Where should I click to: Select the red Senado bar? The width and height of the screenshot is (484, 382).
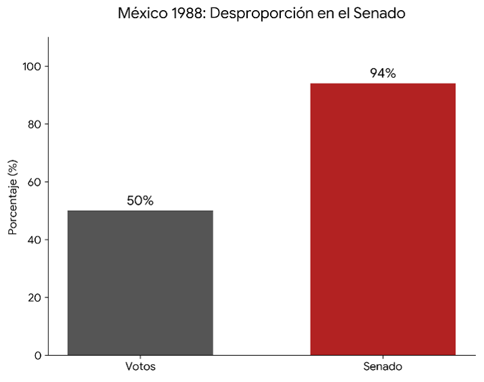click(x=382, y=219)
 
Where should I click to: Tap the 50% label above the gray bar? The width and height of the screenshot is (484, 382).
click(x=140, y=201)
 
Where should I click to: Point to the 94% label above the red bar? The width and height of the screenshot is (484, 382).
click(x=382, y=74)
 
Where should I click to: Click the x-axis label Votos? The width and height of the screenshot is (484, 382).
click(x=140, y=366)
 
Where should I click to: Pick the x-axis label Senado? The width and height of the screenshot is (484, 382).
click(x=382, y=366)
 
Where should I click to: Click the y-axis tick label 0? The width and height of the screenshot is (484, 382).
click(x=38, y=356)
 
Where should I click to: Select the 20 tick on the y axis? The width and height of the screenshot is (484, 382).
click(x=35, y=297)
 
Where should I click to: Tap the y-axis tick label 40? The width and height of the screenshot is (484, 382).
click(x=35, y=240)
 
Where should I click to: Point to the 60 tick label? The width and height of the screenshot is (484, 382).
click(x=35, y=182)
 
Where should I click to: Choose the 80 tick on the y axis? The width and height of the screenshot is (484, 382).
click(x=35, y=124)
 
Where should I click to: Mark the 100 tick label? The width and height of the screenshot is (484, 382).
click(x=32, y=66)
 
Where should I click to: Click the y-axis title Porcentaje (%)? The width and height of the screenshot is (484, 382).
click(x=13, y=197)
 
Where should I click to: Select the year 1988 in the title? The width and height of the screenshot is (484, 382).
click(x=188, y=14)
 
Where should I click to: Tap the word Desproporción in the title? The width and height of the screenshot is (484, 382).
click(x=256, y=14)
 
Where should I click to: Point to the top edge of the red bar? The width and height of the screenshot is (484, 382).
click(x=382, y=84)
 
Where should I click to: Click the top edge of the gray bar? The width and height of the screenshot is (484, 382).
click(x=140, y=211)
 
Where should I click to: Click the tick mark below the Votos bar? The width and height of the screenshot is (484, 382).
click(x=140, y=358)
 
